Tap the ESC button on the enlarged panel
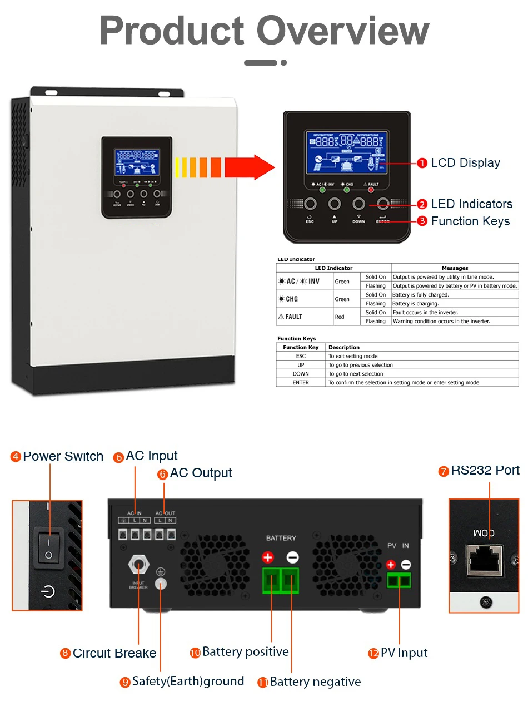point(310,204)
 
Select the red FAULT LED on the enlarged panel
point(371,190)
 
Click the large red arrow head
point(258,167)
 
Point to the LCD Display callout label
point(465,163)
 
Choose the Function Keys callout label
point(470,221)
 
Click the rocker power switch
point(49,548)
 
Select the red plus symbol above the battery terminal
point(268,557)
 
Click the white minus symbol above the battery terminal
point(292,557)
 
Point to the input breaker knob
point(138,564)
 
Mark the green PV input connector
point(399,581)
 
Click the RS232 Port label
point(485,471)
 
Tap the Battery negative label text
point(315,682)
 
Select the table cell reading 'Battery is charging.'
point(416,304)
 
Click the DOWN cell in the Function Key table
point(301,374)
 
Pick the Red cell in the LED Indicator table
point(340,317)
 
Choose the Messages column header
point(455,268)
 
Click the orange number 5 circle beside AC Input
point(118,457)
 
